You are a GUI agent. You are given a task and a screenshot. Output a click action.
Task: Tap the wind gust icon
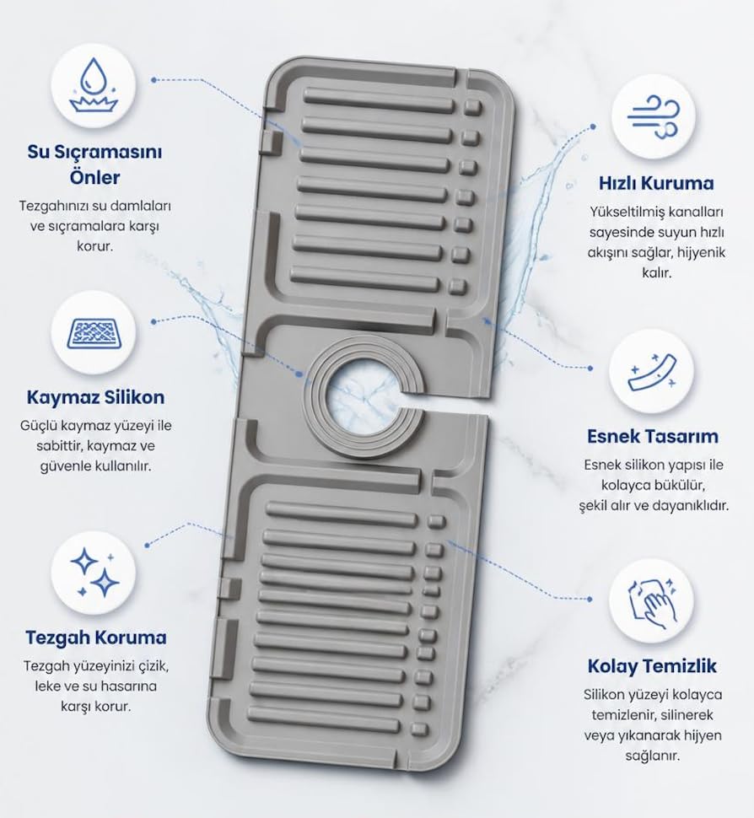click(654, 117)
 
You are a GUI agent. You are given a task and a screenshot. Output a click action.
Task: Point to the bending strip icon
click(653, 371)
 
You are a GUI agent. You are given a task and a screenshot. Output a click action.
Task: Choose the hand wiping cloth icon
click(652, 602)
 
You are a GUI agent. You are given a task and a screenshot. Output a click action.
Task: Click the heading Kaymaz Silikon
click(95, 397)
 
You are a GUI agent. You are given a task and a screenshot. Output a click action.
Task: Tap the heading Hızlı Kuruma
click(656, 183)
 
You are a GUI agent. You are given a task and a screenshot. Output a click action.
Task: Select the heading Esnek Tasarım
click(653, 436)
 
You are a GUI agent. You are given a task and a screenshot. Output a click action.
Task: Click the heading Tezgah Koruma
click(96, 638)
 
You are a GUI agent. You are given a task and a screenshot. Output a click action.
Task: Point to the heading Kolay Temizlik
click(652, 666)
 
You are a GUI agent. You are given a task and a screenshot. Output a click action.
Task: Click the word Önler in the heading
click(95, 177)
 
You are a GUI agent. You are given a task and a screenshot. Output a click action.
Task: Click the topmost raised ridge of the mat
click(380, 100)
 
